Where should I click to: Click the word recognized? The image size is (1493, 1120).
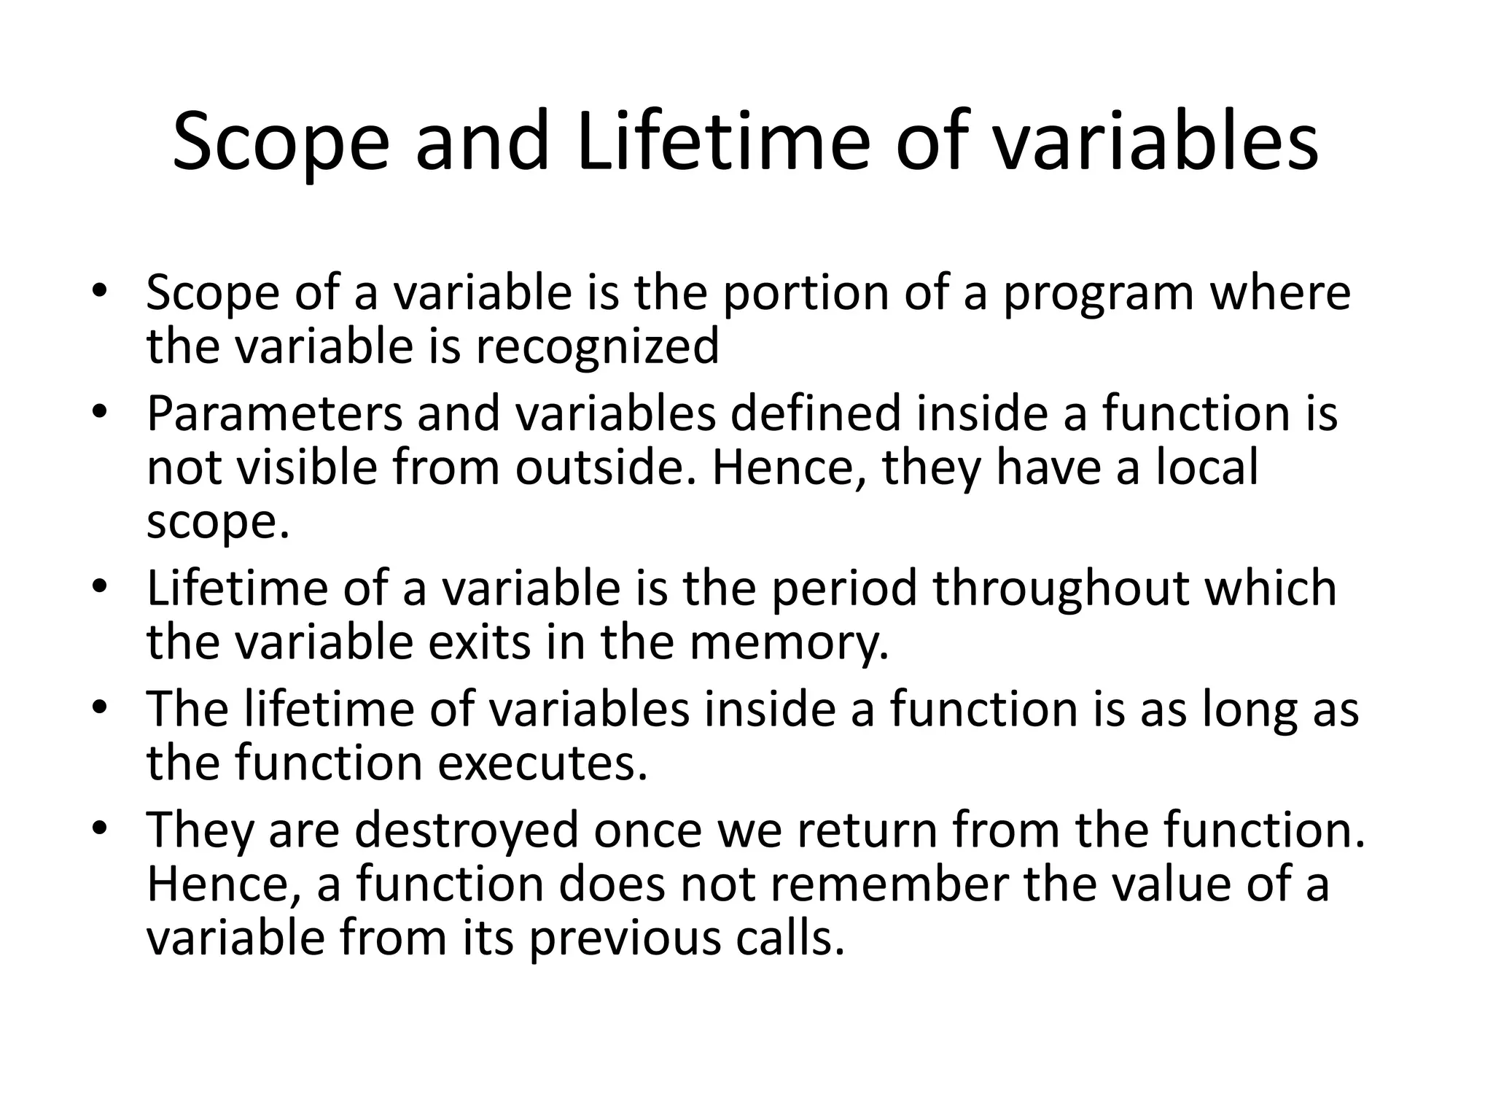click(x=597, y=347)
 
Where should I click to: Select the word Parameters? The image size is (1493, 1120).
click(x=274, y=413)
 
